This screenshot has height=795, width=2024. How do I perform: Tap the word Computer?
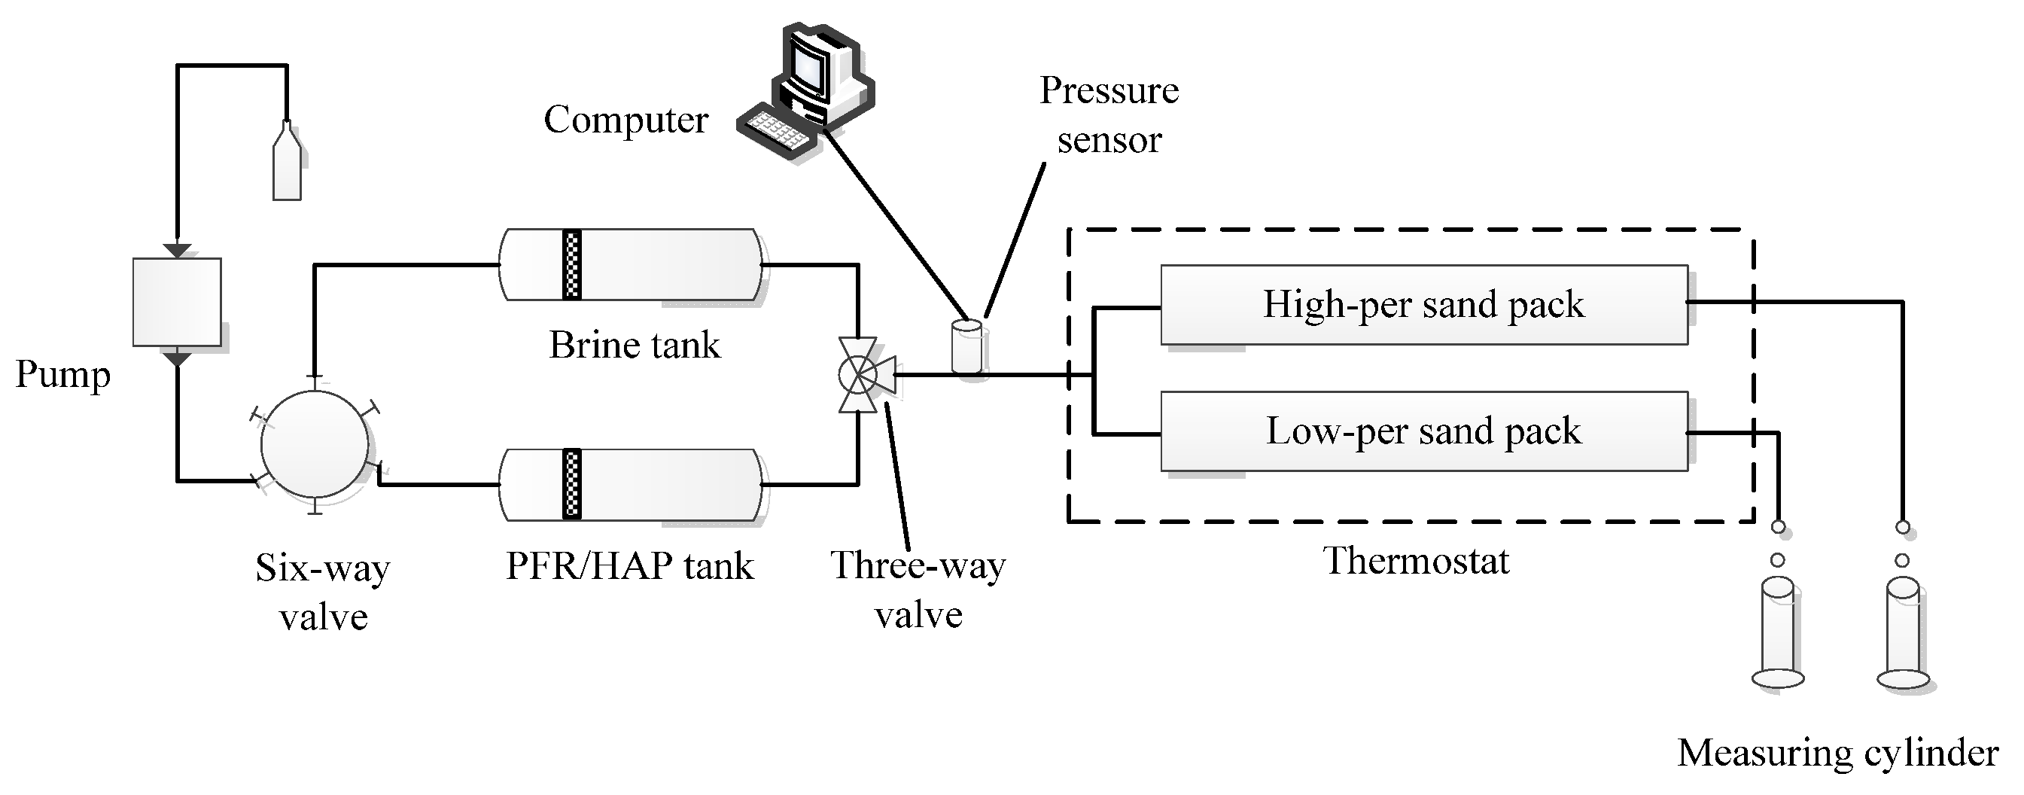[626, 120]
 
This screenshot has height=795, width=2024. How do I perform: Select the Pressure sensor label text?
[1109, 114]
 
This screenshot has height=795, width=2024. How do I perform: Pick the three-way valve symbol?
[863, 375]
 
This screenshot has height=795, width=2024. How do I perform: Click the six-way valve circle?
[315, 445]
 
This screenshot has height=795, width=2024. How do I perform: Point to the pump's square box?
[177, 302]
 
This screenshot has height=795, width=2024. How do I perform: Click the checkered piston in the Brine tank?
[572, 265]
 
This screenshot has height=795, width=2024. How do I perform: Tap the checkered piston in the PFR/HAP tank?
[572, 484]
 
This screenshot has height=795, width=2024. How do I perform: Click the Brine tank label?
[634, 345]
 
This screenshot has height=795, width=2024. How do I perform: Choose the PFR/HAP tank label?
[629, 565]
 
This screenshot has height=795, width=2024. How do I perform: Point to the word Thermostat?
[1416, 561]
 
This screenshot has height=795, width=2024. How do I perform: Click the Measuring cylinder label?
[1838, 753]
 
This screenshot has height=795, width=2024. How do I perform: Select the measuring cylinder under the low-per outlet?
[1777, 633]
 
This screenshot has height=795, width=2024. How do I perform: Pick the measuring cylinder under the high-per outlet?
[1903, 633]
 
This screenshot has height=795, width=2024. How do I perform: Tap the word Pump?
[63, 376]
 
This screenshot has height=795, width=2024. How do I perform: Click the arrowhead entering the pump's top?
[178, 251]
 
